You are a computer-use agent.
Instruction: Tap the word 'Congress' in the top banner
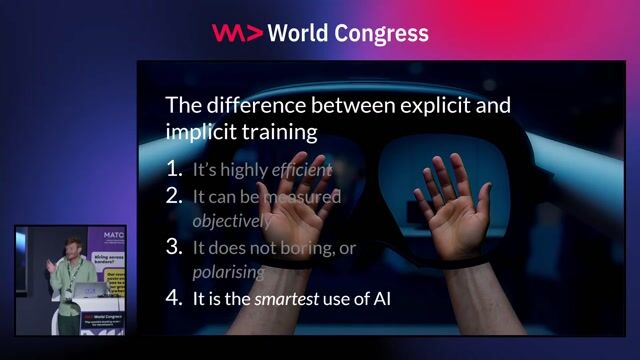[384, 33]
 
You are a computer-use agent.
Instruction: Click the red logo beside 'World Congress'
[237, 33]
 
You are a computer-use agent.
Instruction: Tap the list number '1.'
[175, 169]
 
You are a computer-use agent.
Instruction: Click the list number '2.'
[175, 196]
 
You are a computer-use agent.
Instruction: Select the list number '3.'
[175, 247]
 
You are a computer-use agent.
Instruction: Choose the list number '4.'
[175, 297]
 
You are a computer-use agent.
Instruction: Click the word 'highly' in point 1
[246, 169]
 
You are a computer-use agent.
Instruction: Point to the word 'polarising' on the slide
[228, 272]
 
